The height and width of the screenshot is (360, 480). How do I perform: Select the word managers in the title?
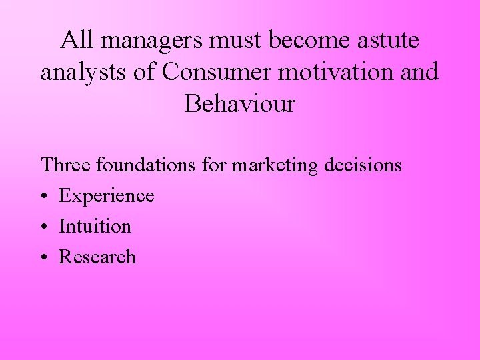click(153, 41)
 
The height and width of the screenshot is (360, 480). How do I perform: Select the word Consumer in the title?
click(214, 72)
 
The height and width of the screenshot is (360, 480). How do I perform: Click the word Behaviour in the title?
click(240, 104)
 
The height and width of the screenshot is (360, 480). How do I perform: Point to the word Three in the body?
click(66, 165)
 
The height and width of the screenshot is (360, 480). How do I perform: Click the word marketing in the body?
click(275, 165)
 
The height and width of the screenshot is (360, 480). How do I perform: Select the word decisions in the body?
click(363, 165)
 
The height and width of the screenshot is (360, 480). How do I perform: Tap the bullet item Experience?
click(107, 196)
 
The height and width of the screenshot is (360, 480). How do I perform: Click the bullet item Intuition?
click(95, 227)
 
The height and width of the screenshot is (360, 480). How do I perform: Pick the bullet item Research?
click(97, 257)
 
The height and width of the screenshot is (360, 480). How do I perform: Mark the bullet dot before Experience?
click(45, 197)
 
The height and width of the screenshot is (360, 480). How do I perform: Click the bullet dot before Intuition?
click(45, 227)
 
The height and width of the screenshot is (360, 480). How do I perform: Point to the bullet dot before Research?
click(45, 258)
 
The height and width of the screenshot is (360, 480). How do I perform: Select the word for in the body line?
click(214, 165)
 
